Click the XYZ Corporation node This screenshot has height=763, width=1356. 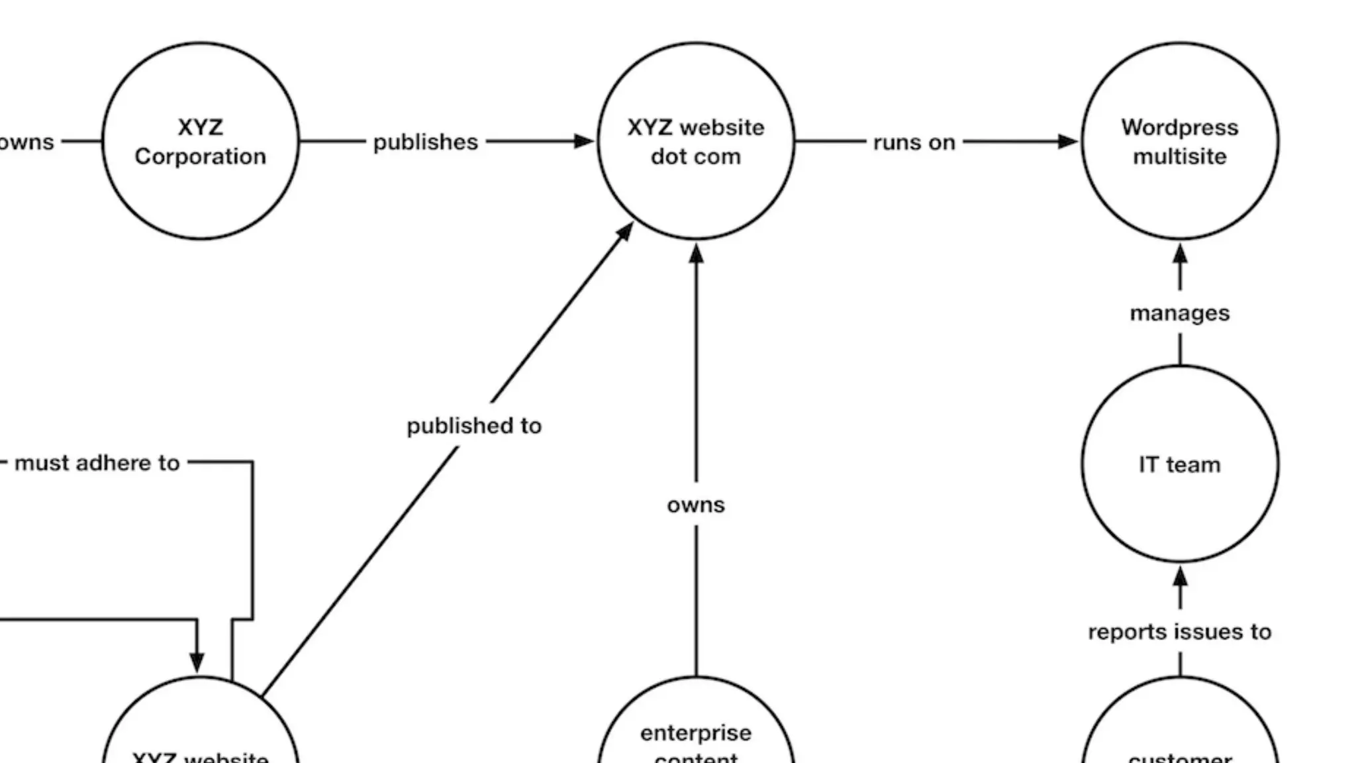201,141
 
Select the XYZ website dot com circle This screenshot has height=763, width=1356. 695,141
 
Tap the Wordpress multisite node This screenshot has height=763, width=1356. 1179,141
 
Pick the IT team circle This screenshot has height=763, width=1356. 1179,464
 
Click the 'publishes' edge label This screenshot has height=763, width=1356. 425,142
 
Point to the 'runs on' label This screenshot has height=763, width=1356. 914,142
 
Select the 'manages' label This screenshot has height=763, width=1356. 1179,313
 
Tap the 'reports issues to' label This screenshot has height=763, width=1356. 1179,632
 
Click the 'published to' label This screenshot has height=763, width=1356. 474,426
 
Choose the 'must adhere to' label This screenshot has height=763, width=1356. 97,463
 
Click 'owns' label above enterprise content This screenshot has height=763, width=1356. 696,505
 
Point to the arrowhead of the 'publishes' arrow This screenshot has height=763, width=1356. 584,141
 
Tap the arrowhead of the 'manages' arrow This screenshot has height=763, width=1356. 1180,254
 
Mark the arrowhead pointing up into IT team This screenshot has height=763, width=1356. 1180,577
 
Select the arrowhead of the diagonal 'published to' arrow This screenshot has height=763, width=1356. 625,232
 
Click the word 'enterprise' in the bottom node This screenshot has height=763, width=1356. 695,733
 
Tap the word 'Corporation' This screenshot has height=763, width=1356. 201,157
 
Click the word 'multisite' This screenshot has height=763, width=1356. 1179,157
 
